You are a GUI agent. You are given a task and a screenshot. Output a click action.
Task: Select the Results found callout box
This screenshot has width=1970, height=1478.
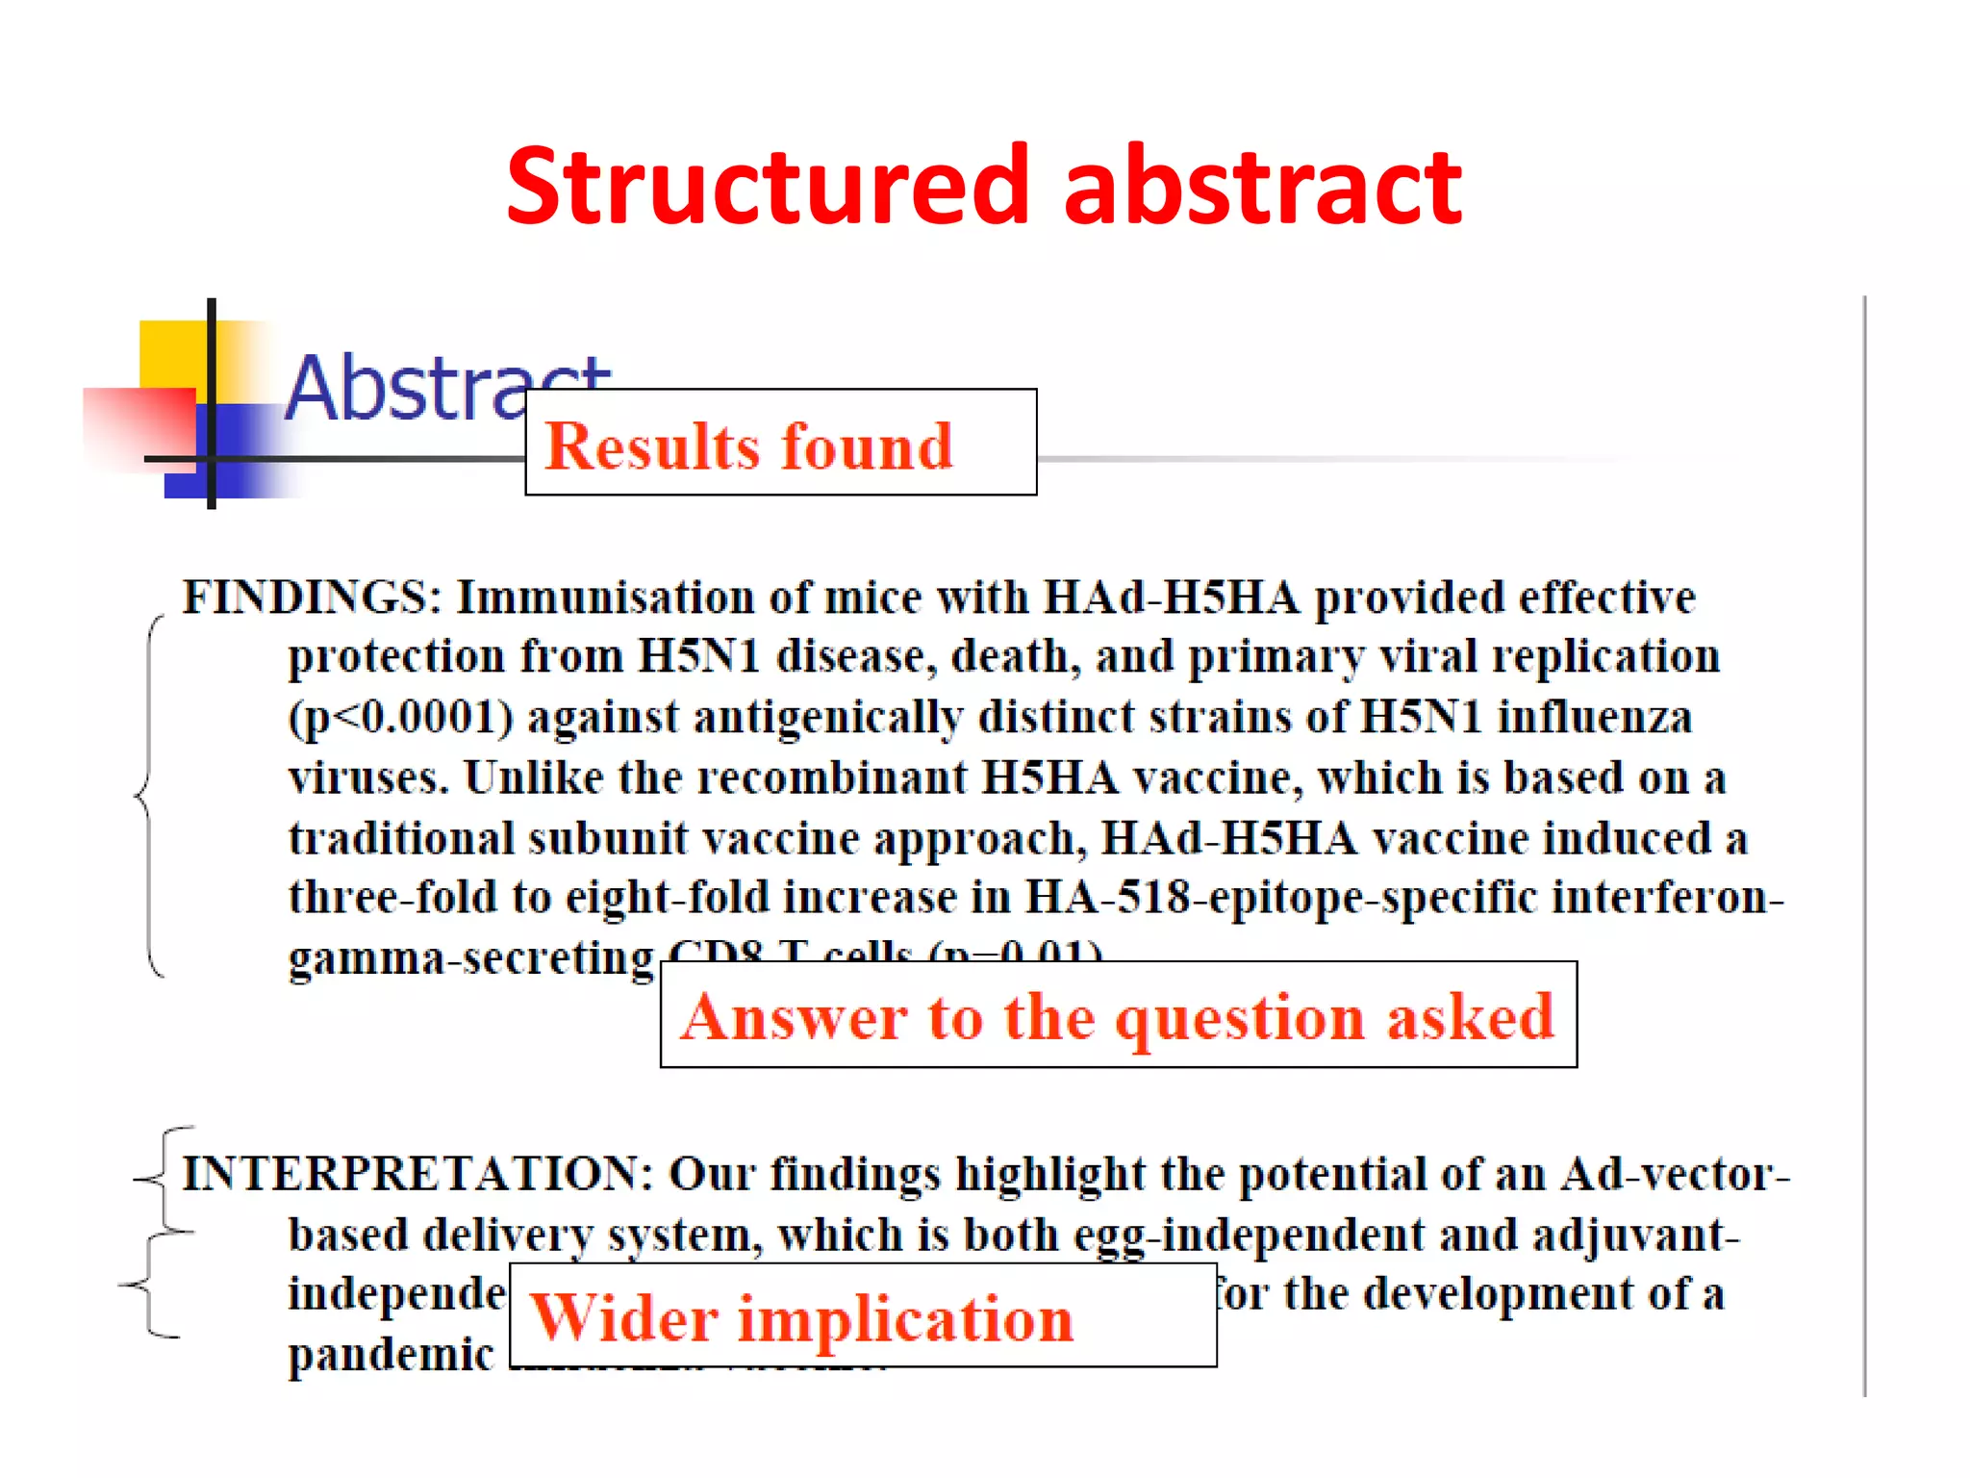[780, 444]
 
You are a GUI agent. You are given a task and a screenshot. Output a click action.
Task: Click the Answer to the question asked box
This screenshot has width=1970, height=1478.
[1118, 1015]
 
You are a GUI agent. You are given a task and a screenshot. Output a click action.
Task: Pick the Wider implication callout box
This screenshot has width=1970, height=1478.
[862, 1316]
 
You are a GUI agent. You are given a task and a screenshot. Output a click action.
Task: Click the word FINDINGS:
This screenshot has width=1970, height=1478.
[311, 598]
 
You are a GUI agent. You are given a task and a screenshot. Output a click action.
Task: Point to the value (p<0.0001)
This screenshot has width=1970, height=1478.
[401, 718]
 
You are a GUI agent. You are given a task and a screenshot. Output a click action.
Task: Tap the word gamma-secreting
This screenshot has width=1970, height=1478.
[470, 958]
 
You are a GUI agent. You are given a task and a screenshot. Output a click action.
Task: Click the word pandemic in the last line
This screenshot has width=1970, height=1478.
[390, 1355]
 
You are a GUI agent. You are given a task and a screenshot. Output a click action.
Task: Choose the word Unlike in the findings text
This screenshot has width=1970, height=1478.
[533, 777]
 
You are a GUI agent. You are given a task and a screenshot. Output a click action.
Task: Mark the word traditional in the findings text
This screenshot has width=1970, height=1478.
[401, 838]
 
